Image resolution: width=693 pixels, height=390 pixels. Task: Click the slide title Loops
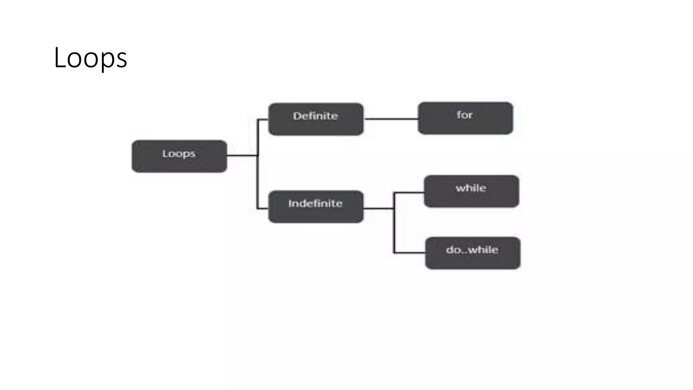coord(90,58)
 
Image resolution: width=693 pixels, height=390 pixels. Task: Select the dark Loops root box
coord(179,156)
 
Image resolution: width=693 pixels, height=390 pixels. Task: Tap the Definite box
coord(316,119)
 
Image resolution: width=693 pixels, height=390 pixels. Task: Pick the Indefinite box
coord(316,207)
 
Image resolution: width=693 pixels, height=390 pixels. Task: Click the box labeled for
coord(465,118)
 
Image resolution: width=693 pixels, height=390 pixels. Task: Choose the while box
coord(471,191)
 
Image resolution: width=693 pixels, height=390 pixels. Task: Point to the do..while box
coord(473,253)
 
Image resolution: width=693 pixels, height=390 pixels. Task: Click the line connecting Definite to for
coord(391,119)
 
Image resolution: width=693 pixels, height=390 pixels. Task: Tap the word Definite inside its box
coord(315,116)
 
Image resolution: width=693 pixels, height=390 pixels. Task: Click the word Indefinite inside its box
coord(315,203)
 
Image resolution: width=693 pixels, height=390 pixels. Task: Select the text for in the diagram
coord(465,115)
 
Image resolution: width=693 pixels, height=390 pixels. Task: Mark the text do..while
coord(472,250)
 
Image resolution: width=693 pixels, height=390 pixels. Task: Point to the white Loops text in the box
coord(179,154)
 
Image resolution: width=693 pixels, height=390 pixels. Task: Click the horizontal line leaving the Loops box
coord(242,155)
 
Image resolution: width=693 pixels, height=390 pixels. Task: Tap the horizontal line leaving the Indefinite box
coord(379,209)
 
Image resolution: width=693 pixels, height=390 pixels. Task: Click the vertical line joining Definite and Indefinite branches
coord(258,176)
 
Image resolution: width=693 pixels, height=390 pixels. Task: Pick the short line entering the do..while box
coord(410,253)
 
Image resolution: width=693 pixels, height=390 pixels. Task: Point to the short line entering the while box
coord(409,193)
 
